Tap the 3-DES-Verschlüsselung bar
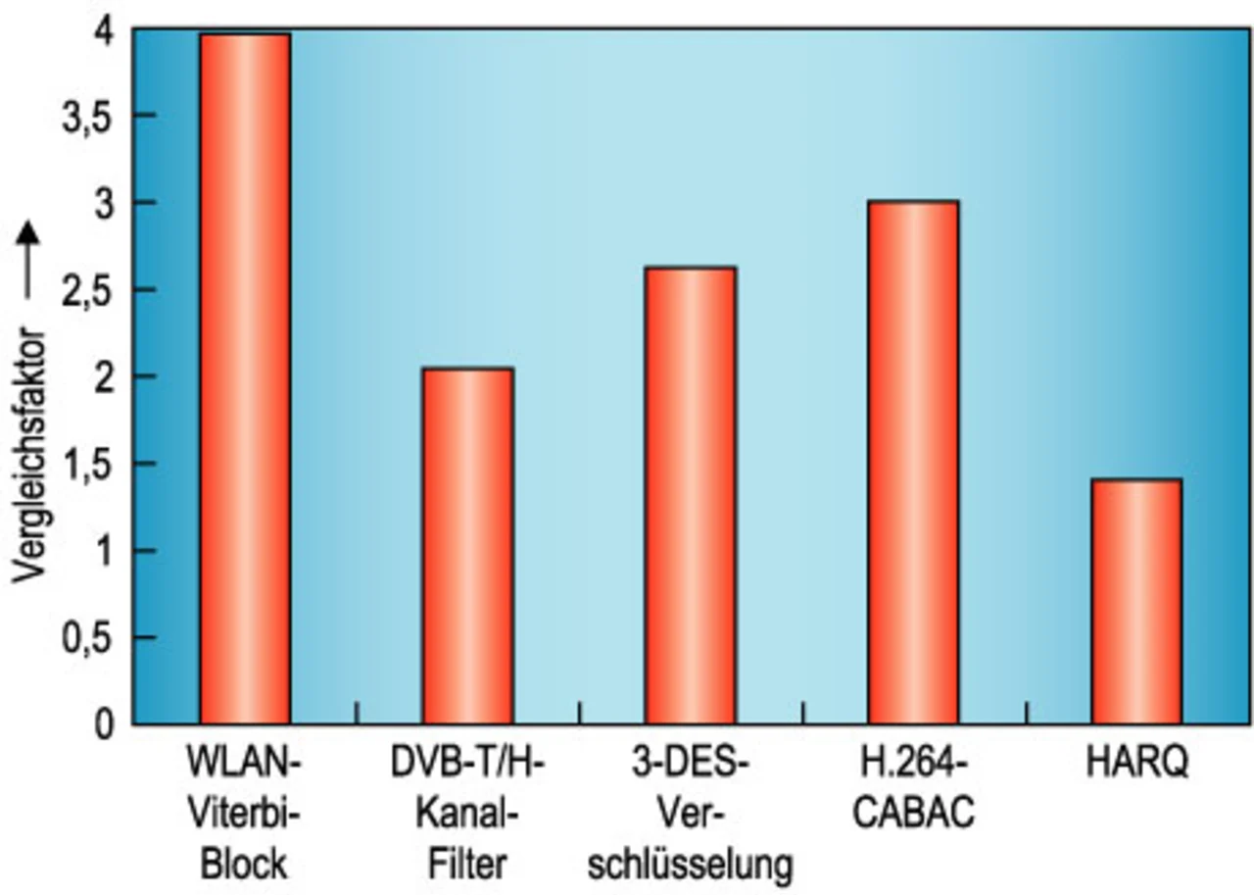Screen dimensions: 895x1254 (691, 496)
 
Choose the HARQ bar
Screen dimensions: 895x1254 (1136, 602)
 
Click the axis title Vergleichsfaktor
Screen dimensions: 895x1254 (30, 455)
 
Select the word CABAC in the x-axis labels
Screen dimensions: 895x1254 (913, 814)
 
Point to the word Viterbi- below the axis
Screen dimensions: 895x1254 (244, 814)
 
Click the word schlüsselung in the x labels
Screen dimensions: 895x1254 (691, 865)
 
